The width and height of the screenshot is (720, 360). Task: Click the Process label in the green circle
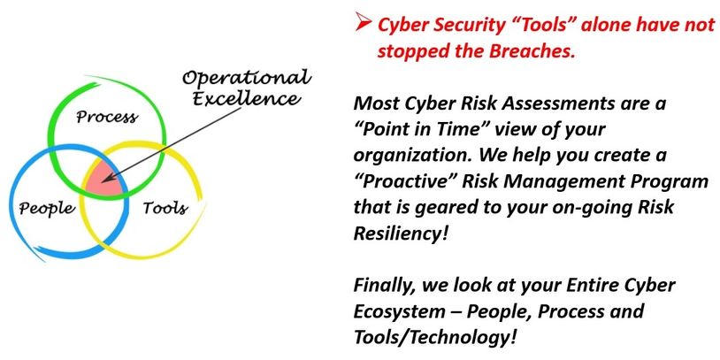point(106,117)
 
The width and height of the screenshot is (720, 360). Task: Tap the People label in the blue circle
point(46,209)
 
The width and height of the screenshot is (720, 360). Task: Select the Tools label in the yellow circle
point(165,208)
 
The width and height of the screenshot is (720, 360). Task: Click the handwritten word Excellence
point(247,98)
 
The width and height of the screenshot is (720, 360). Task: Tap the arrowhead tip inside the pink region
point(102,181)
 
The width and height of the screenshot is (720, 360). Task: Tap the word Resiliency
point(401,234)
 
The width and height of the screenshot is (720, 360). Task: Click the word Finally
point(386,287)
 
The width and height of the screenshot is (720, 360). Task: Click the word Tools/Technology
point(434,339)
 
